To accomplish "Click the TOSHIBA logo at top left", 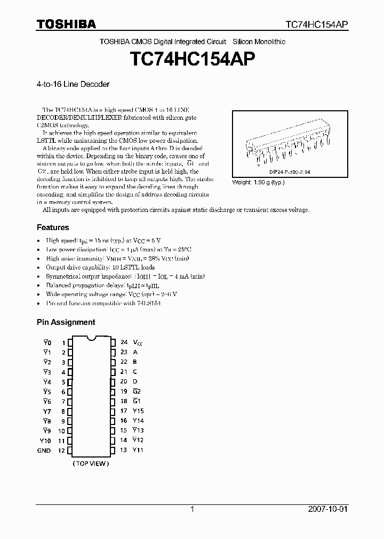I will point(66,24).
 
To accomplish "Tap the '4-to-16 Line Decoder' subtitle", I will point(73,84).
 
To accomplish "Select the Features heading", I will point(53,227).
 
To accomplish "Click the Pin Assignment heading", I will point(66,322).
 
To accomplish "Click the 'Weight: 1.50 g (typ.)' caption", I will point(258,182).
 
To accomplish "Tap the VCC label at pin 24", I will point(137,342).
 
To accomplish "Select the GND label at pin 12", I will point(44,451).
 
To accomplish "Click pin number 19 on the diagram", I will point(124,391).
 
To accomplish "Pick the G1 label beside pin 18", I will point(136,401).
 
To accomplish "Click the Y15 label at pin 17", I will point(138,411).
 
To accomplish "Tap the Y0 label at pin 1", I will point(47,342).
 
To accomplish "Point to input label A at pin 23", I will point(135,352).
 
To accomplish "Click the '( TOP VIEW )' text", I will point(91,463).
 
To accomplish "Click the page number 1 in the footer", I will point(192,509).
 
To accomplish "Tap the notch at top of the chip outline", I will point(91,338).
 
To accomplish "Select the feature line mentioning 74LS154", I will point(103,303).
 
